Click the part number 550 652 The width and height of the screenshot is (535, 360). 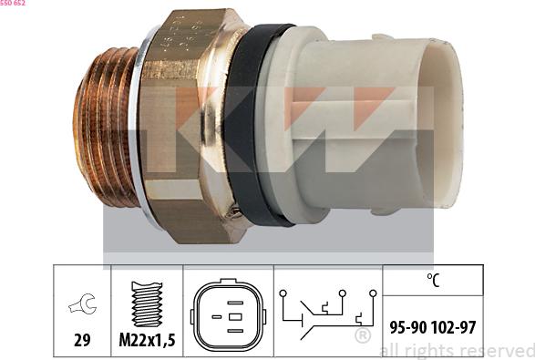(x=13, y=4)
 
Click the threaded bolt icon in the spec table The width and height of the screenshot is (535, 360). (x=147, y=304)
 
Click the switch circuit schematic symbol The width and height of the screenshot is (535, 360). (x=325, y=313)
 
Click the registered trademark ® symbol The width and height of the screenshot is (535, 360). (x=362, y=336)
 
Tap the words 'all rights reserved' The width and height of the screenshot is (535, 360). (x=456, y=351)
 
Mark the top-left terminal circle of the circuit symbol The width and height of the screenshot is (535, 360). (x=283, y=293)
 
